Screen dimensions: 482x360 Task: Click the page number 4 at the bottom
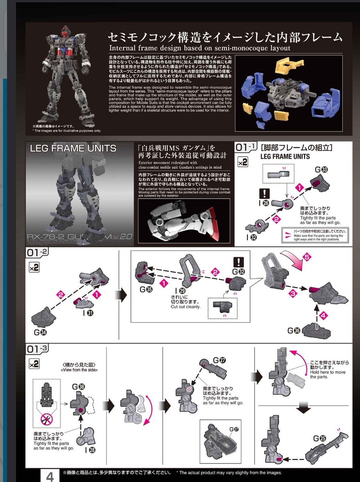point(50,476)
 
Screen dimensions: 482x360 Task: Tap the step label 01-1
point(246,148)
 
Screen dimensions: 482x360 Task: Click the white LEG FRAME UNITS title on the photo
point(73,148)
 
